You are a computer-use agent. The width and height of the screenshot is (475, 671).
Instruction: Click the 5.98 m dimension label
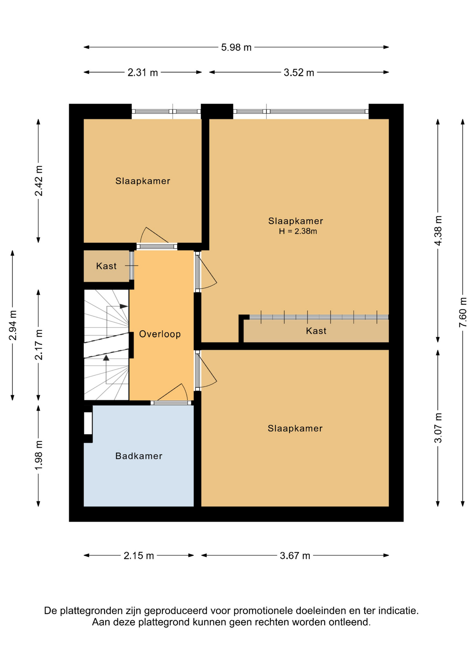point(236,47)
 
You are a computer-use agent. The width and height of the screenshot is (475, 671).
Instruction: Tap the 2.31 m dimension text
point(143,72)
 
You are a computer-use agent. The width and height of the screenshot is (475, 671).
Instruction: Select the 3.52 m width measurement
point(299,72)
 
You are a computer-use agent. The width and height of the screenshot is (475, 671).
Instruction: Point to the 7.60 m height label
point(463,312)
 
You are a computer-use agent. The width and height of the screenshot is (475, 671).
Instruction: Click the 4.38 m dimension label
point(438,231)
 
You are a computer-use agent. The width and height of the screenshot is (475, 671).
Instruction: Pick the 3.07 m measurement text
point(438,428)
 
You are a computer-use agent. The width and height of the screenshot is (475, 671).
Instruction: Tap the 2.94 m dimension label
point(13,325)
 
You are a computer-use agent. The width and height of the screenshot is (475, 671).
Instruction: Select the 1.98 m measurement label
point(38,455)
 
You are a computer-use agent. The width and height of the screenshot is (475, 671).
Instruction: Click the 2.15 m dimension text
point(139,555)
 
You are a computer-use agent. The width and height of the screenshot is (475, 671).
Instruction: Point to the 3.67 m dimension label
point(295,555)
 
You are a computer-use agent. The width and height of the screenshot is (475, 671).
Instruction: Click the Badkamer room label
point(139,456)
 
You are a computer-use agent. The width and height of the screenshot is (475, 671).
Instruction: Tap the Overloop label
point(160,334)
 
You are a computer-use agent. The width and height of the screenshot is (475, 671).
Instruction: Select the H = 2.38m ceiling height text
point(298,231)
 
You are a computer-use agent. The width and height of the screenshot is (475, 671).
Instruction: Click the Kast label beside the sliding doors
point(316,331)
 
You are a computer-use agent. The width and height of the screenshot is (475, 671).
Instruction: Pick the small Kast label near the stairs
point(106,266)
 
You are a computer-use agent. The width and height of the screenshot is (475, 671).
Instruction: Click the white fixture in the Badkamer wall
point(88,423)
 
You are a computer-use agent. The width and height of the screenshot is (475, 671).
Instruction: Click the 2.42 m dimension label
point(38,181)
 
